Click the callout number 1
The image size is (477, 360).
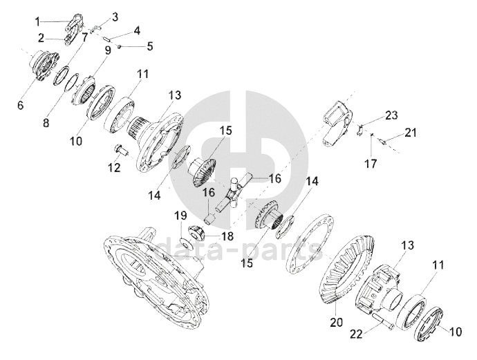37,22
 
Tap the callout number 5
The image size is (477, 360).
149,46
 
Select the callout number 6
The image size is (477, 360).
20,105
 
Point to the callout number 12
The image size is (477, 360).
114,167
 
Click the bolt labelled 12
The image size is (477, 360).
121,150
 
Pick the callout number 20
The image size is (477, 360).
336,322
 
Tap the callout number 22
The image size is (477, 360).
356,334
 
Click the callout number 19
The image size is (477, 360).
180,216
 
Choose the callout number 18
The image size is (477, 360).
227,236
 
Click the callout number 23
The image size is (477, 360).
391,115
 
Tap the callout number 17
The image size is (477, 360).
371,164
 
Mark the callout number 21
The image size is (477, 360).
411,133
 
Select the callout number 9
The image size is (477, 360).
108,50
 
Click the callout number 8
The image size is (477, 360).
46,123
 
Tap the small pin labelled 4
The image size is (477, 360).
106,39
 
